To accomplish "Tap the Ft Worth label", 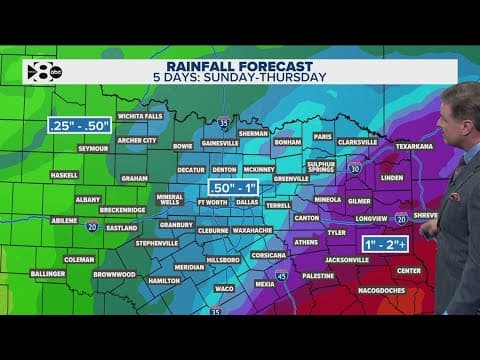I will coord(213,201).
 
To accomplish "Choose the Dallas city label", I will coord(249,201).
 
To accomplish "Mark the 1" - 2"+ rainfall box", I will coord(386,243).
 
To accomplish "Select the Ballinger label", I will coord(48,273).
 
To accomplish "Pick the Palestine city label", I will coord(318,274).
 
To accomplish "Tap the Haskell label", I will coord(63,175).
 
